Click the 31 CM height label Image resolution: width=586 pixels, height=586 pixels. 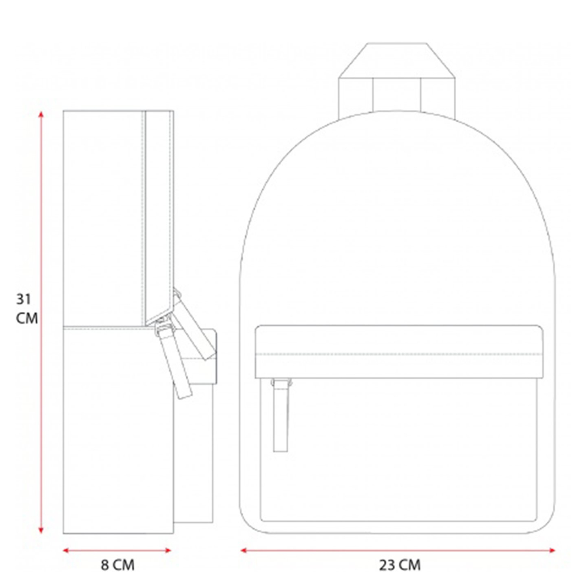[x=27, y=309]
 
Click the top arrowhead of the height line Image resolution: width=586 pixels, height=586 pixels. [x=41, y=114]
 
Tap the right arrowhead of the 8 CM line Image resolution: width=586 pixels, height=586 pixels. [x=168, y=542]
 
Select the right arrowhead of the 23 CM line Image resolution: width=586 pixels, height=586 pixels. [x=552, y=542]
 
